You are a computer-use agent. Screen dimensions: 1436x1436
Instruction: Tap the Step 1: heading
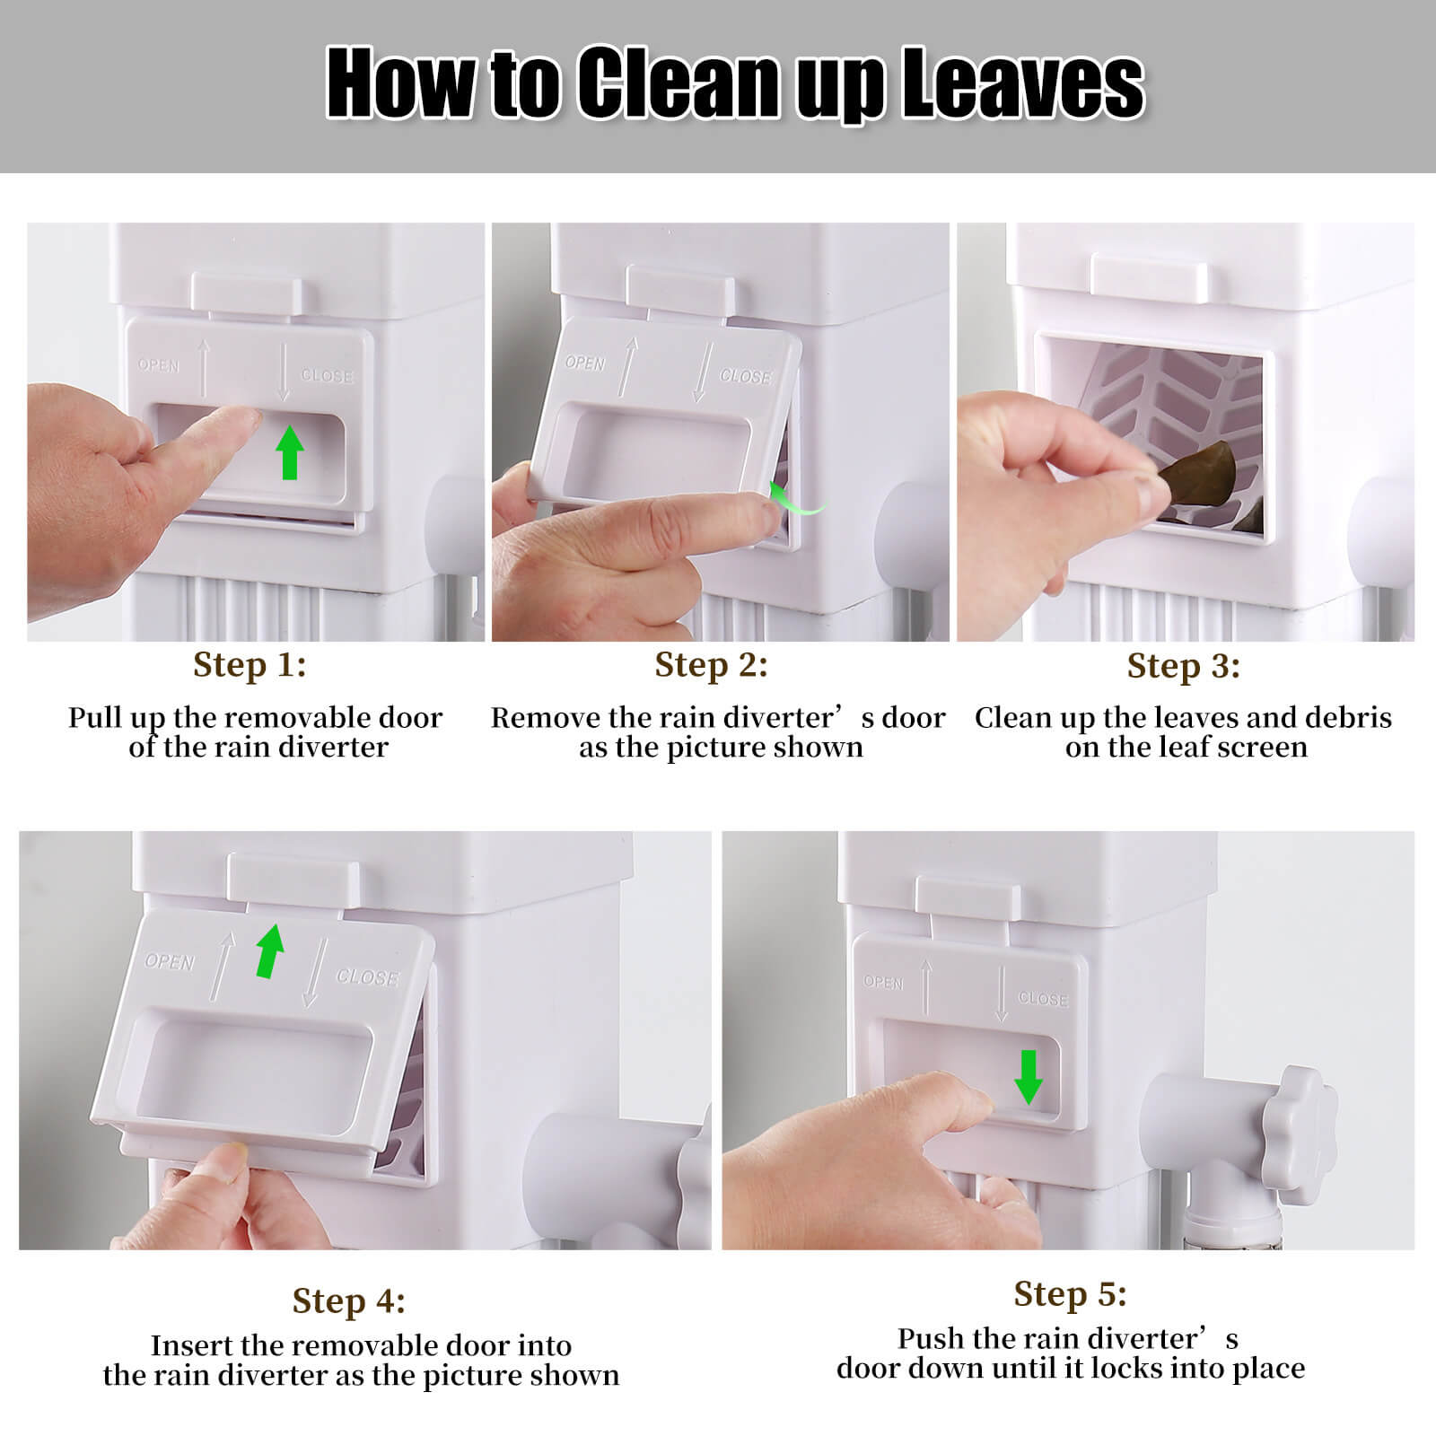(250, 665)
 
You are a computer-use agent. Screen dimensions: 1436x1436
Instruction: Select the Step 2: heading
(711, 665)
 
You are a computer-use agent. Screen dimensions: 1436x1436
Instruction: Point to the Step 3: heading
(1183, 666)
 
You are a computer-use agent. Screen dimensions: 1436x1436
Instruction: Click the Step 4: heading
(348, 1300)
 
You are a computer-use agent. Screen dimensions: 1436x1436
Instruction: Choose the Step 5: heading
(1070, 1293)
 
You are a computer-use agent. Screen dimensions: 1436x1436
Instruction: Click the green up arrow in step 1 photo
(288, 452)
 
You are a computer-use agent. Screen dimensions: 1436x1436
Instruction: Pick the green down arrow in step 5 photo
(1028, 1077)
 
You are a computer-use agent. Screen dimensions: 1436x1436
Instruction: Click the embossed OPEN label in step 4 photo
(170, 962)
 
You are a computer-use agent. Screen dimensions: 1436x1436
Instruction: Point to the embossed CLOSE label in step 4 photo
(366, 976)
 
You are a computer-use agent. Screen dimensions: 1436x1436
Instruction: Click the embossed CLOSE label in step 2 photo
(745, 376)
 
